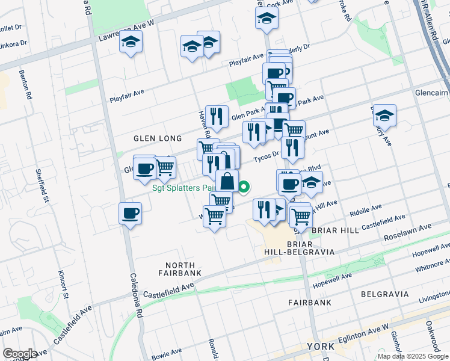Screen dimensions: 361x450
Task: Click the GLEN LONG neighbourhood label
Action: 158,138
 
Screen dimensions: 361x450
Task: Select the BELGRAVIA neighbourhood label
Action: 385,294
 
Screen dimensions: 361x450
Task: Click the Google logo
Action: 20,354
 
